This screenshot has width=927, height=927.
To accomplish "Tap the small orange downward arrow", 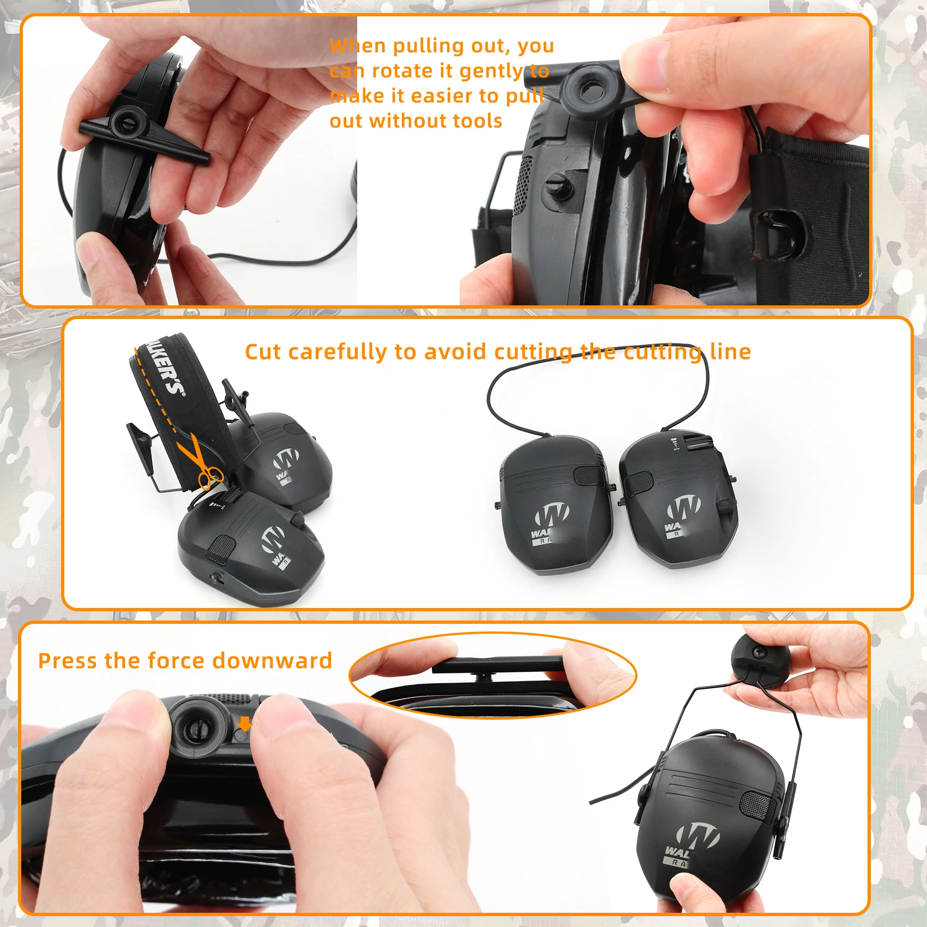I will (245, 724).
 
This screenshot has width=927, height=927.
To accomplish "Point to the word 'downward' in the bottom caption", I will (272, 661).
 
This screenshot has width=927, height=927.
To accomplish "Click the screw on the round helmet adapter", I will (759, 652).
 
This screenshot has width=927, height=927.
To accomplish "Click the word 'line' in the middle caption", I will (730, 352).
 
